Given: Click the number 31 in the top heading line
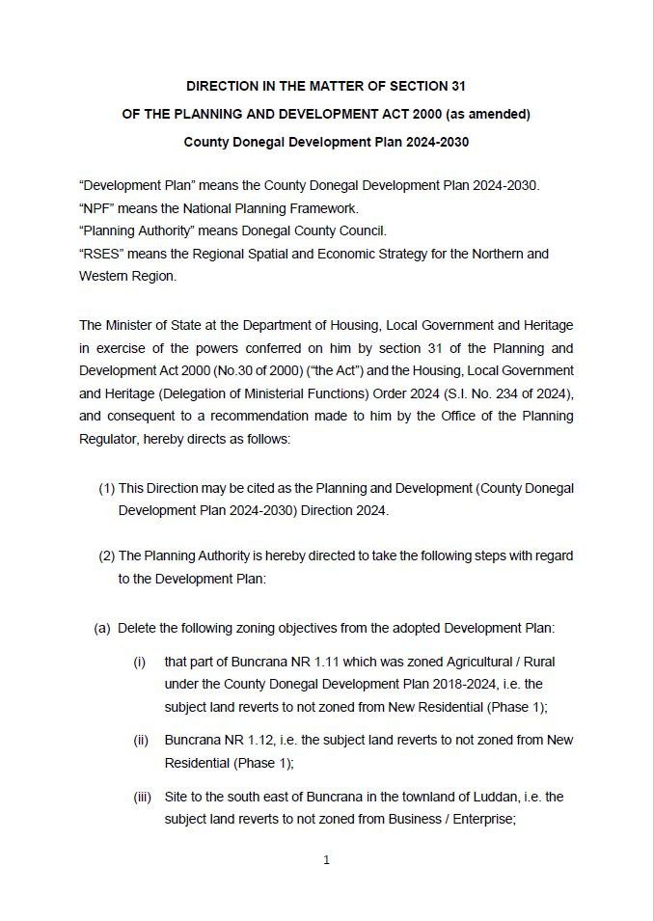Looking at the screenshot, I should [x=457, y=86].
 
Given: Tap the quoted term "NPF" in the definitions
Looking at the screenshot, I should [x=97, y=207].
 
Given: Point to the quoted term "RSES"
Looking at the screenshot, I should [x=101, y=254].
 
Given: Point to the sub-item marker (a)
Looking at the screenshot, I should [x=102, y=628].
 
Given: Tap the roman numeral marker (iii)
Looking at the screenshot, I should [x=142, y=798].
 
